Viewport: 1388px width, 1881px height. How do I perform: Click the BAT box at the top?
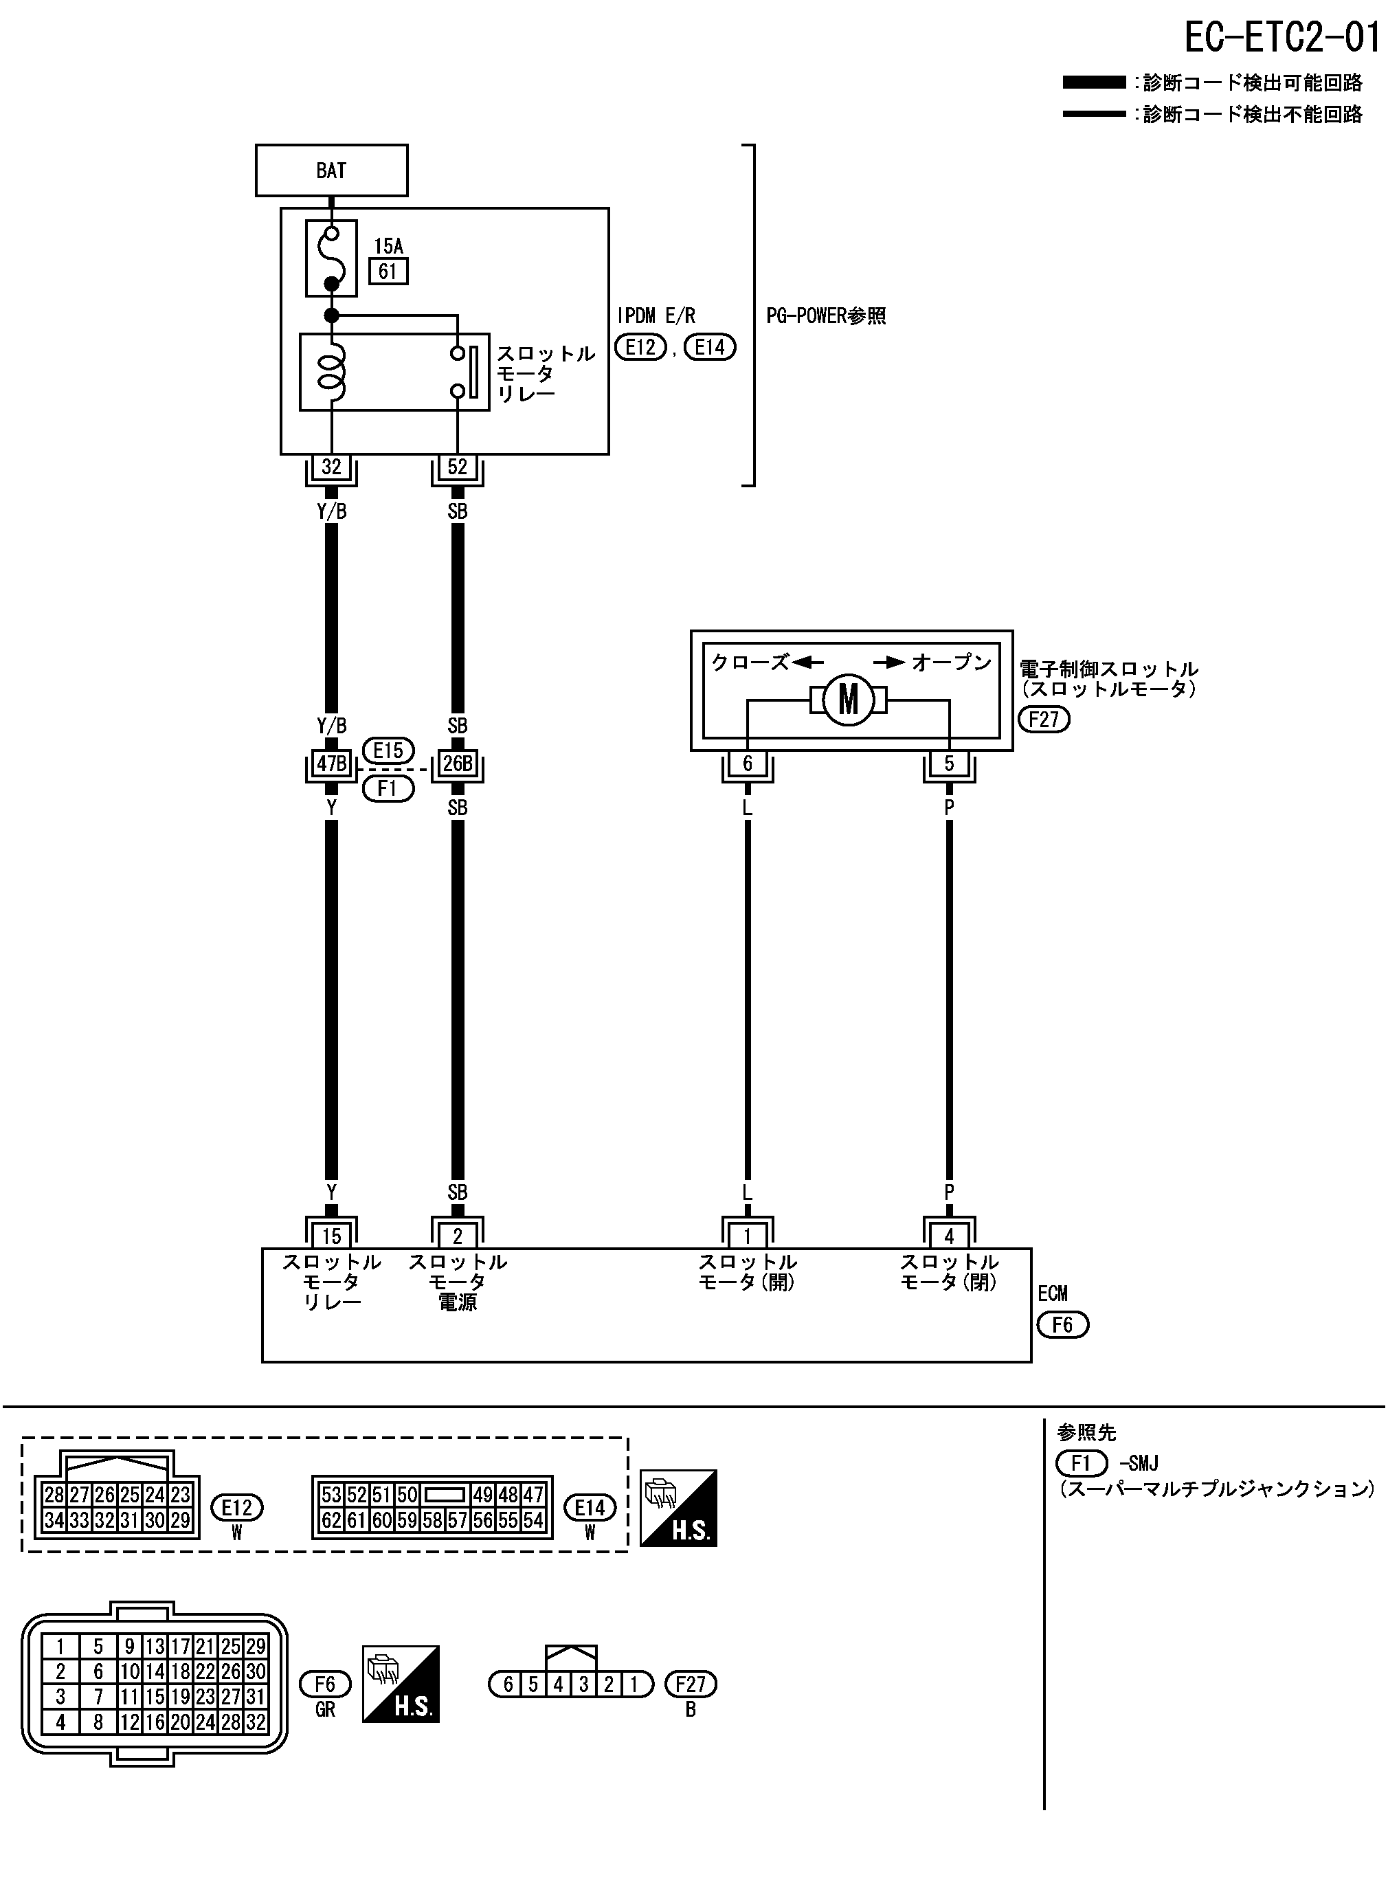tap(331, 170)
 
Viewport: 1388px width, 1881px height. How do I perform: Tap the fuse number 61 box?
tap(388, 271)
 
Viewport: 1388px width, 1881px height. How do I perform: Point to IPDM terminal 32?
tap(331, 467)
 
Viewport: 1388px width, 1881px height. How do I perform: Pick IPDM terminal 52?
tap(457, 467)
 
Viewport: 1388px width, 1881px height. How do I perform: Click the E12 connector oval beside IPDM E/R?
tap(640, 347)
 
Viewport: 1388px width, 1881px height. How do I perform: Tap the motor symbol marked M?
tap(848, 700)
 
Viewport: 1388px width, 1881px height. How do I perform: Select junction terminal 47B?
tap(331, 764)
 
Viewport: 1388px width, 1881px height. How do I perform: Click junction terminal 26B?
tap(457, 764)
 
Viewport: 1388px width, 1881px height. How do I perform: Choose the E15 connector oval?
tap(388, 750)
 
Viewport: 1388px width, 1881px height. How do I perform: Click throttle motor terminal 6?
tap(747, 764)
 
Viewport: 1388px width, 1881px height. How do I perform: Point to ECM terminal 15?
tap(331, 1236)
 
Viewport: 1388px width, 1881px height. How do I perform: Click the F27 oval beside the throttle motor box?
tap(1044, 720)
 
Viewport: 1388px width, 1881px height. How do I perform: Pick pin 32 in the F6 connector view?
tap(256, 1722)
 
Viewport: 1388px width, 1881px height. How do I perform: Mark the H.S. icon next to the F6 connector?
tap(401, 1684)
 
